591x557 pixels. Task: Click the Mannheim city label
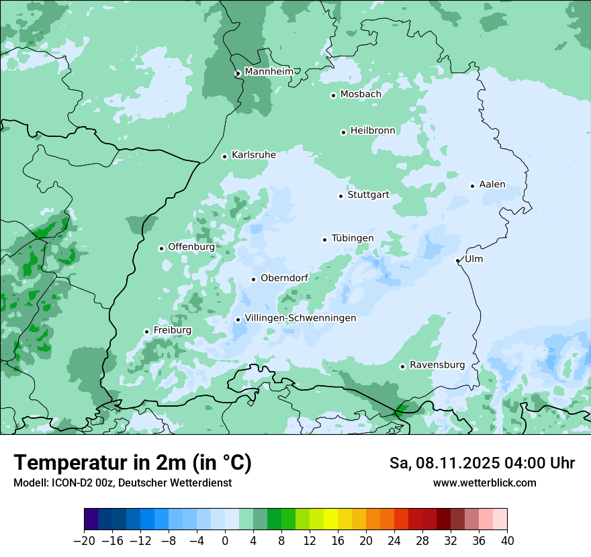point(269,71)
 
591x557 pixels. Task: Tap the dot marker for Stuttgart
point(340,196)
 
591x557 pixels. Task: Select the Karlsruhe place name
point(253,154)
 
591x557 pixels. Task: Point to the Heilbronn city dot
point(343,132)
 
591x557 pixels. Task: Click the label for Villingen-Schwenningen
point(300,318)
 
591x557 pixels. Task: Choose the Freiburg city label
point(172,330)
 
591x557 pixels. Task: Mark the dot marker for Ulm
point(457,260)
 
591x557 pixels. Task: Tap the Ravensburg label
point(437,365)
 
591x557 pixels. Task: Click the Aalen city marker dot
point(472,186)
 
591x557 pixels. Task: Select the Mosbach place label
point(360,94)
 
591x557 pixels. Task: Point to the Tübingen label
point(352,238)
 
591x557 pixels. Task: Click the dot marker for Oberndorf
point(253,279)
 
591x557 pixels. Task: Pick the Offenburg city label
point(191,247)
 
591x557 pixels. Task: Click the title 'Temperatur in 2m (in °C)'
point(132,462)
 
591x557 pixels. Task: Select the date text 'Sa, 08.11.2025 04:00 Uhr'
point(482,463)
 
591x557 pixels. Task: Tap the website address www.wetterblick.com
point(484,483)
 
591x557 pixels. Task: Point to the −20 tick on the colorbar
point(85,540)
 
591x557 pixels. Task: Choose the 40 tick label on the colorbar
point(507,540)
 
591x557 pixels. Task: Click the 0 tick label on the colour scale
point(225,540)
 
